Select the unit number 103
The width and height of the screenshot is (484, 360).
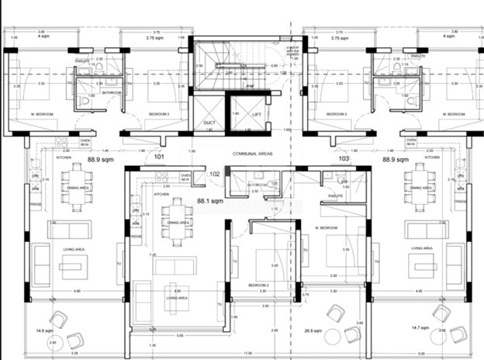tap(344, 158)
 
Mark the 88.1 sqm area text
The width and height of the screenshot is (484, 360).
tap(211, 200)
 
